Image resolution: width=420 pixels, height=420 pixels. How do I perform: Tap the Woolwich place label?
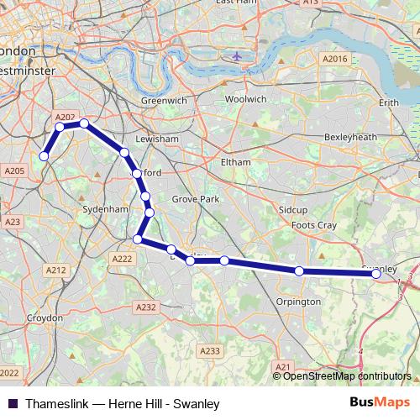245,99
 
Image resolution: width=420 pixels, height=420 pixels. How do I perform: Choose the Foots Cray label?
312,226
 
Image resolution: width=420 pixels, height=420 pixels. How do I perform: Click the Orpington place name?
298,302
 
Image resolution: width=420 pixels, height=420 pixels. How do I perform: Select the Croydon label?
45,318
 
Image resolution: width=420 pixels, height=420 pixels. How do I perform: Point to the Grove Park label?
195,199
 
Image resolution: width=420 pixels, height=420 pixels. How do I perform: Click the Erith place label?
389,102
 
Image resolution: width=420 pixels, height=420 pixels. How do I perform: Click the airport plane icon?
236,56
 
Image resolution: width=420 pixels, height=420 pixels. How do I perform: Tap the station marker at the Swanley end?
378,273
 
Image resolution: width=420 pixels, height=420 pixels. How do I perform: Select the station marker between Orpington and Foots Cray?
299,270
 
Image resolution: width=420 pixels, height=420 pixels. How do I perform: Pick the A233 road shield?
211,351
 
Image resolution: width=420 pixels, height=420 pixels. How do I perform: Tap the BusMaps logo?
386,403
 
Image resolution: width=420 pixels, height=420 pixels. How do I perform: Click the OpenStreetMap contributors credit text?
347,375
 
